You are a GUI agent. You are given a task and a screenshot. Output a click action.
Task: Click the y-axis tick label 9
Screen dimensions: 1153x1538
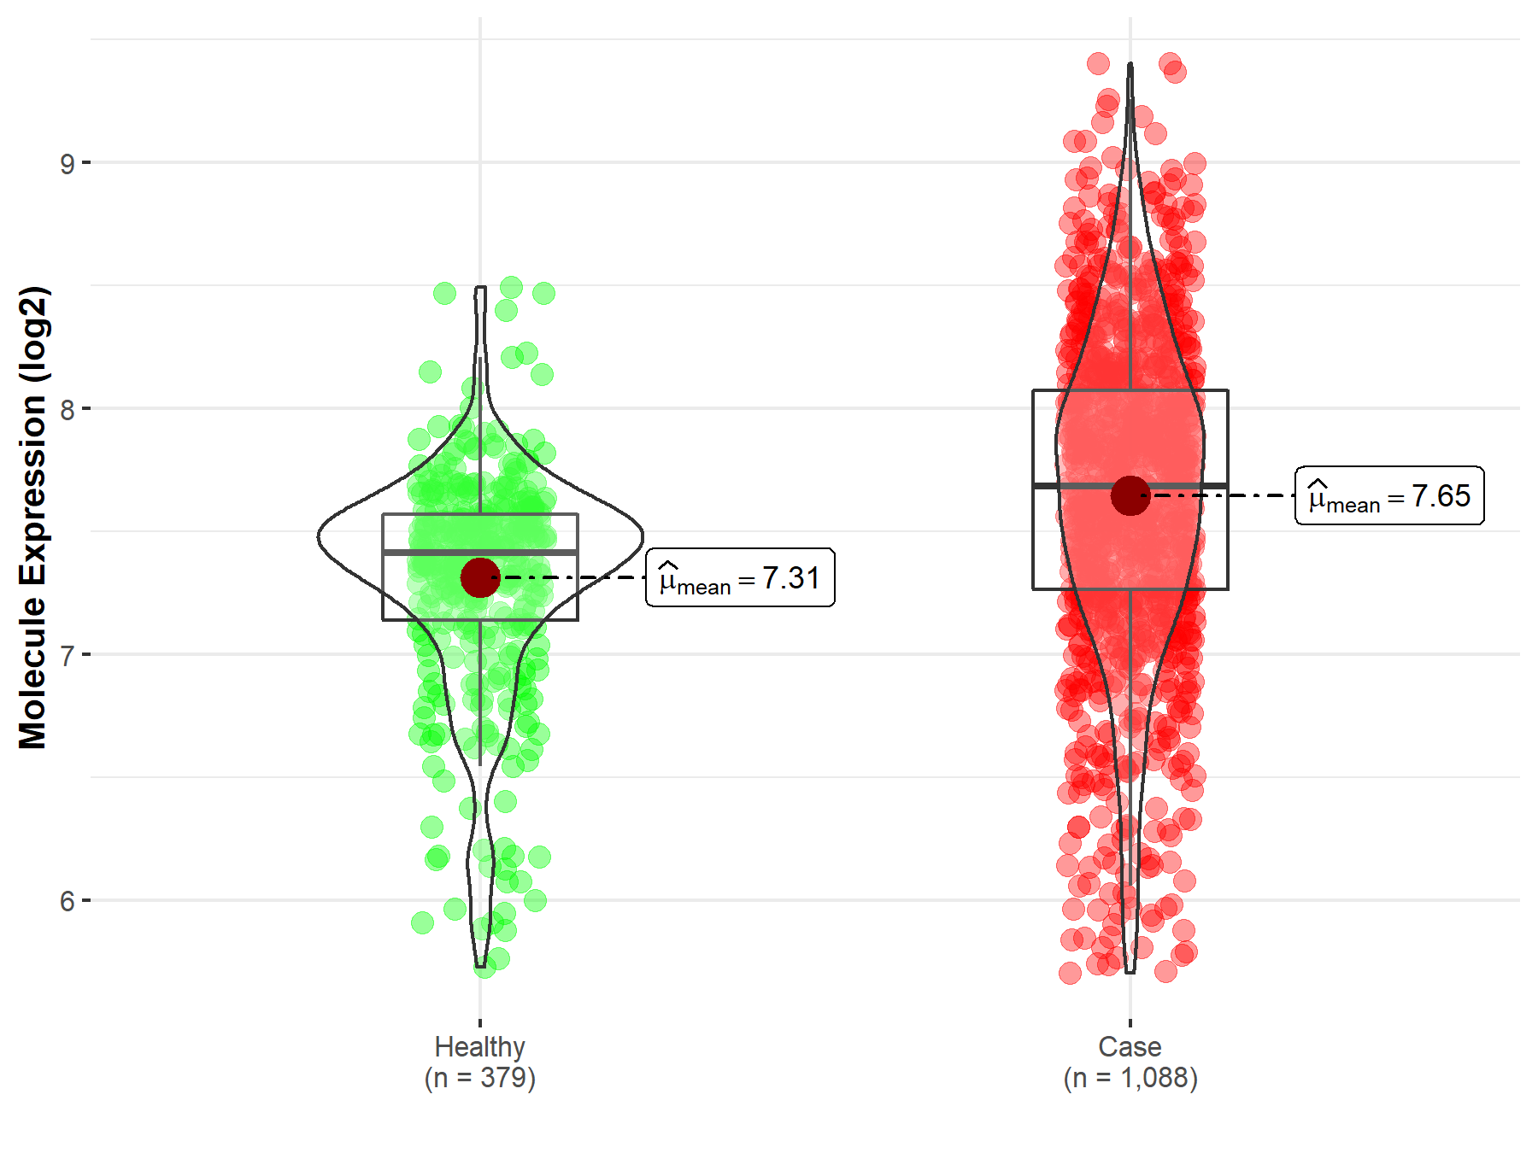(x=67, y=163)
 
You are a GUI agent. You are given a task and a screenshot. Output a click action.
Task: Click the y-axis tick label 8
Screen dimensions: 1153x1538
(x=67, y=409)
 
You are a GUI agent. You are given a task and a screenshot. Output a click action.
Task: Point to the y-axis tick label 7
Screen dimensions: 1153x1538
(x=67, y=655)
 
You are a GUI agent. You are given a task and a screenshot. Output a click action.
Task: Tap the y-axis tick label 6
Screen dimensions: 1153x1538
(x=67, y=901)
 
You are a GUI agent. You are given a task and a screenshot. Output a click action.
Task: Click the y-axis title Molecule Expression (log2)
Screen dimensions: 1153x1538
(x=32, y=518)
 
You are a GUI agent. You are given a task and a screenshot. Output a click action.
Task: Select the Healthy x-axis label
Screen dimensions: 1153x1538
(x=479, y=1046)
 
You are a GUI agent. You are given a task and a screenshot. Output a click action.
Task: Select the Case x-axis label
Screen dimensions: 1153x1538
(x=1130, y=1046)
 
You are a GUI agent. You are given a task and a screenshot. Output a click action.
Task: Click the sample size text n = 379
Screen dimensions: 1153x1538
(x=480, y=1078)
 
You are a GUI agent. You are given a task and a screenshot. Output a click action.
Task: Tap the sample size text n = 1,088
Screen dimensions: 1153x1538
(x=1130, y=1078)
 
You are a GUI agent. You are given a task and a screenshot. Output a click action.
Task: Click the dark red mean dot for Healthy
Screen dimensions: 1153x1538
(x=480, y=578)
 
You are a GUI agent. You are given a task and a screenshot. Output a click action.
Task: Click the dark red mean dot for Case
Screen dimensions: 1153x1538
(x=1130, y=496)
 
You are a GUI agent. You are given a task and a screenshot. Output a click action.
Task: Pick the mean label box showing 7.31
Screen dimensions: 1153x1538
(x=740, y=578)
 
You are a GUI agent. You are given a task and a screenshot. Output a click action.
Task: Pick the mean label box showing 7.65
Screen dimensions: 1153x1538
(x=1389, y=496)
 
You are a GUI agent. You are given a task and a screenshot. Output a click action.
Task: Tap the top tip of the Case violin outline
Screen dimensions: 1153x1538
(x=1130, y=65)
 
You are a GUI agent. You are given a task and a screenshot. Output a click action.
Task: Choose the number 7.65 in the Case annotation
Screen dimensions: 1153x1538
(x=1441, y=496)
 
